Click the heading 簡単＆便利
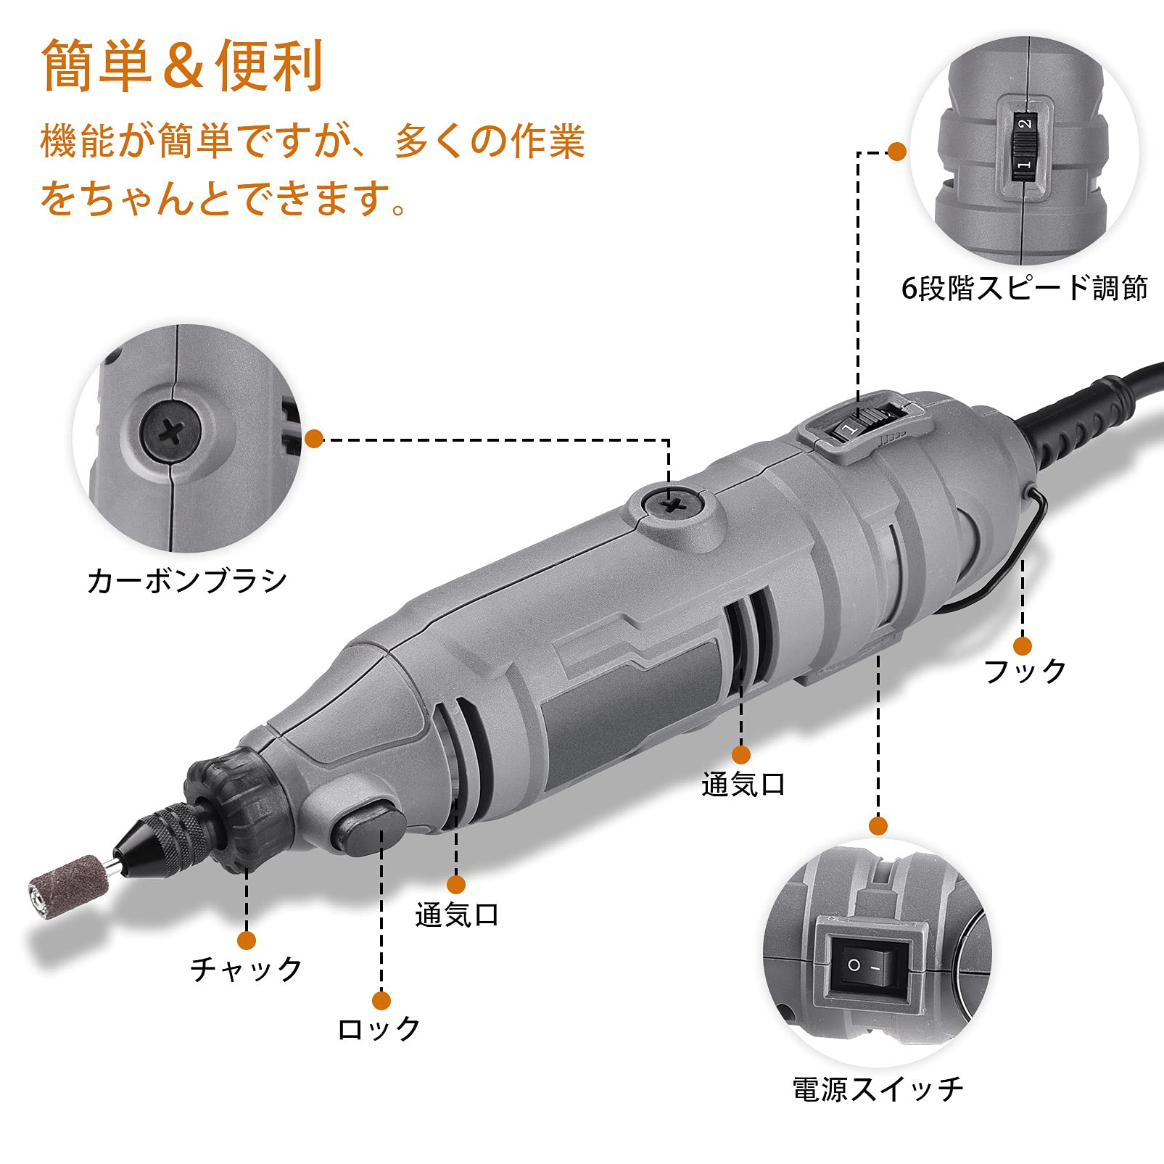pyautogui.click(x=182, y=66)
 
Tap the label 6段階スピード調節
pyautogui.click(x=1023, y=289)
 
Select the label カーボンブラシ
pyautogui.click(x=187, y=581)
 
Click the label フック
pyautogui.click(x=1024, y=671)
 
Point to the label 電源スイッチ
pyautogui.click(x=878, y=1089)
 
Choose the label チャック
pyautogui.click(x=247, y=969)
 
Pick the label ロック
pyautogui.click(x=379, y=1028)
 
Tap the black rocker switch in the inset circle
pyautogui.click(x=867, y=966)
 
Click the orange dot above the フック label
pyautogui.click(x=1023, y=645)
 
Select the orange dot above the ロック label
pyautogui.click(x=381, y=1001)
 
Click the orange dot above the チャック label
pyautogui.click(x=247, y=941)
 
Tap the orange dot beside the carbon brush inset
pyautogui.click(x=314, y=438)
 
